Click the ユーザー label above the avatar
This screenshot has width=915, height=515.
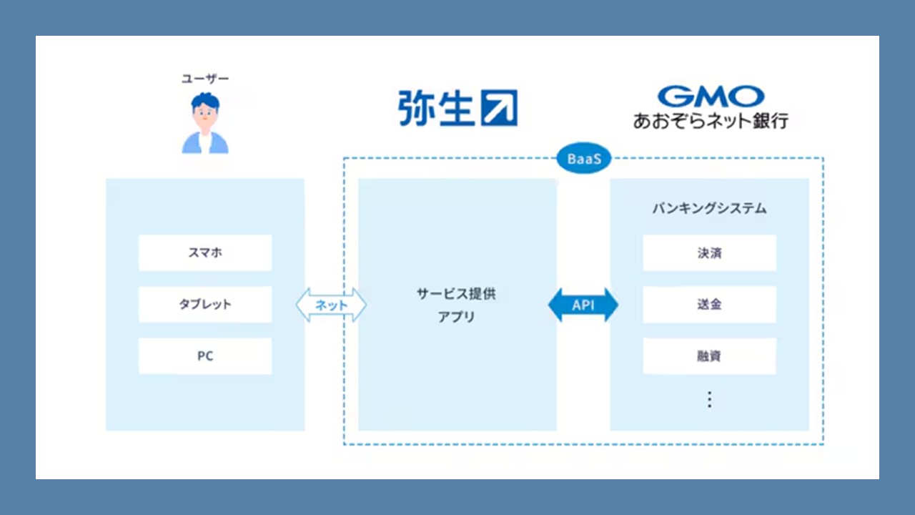(205, 79)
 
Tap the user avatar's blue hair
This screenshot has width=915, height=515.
(205, 99)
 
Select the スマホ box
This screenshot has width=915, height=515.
(205, 252)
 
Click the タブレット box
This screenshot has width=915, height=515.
(205, 304)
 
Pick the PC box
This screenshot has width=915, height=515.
(205, 355)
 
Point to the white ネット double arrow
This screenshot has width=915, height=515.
(331, 305)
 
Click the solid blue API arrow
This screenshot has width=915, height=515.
(583, 305)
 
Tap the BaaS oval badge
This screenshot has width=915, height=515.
(584, 160)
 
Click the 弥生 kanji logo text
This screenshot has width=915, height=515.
(436, 108)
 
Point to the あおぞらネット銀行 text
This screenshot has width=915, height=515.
(711, 119)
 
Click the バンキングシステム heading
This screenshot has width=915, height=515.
(709, 209)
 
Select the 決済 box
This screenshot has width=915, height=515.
(709, 252)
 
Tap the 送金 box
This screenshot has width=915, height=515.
(709, 304)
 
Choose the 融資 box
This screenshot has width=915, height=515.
(709, 355)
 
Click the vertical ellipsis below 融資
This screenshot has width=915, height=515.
(709, 399)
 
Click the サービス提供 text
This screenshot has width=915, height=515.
(457, 293)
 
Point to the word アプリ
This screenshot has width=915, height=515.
(457, 316)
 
